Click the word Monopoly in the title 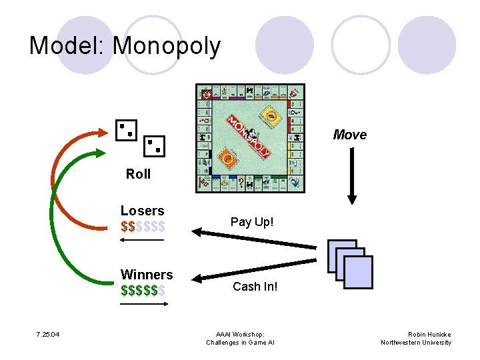click(x=167, y=45)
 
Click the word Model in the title click(x=67, y=45)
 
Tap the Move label click(x=349, y=135)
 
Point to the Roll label click(x=138, y=174)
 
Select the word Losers click(x=142, y=211)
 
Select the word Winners click(x=146, y=275)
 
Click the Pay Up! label click(x=251, y=221)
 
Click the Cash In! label click(x=255, y=287)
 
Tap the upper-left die click(x=126, y=130)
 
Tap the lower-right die click(x=155, y=146)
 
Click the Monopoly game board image click(x=249, y=138)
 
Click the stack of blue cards click(x=350, y=264)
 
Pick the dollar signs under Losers click(x=143, y=226)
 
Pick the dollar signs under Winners click(x=143, y=290)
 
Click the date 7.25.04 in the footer click(x=48, y=334)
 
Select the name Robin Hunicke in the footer click(x=429, y=334)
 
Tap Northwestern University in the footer click(x=416, y=343)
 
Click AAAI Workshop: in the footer click(x=240, y=334)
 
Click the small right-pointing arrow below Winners click(x=144, y=304)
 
